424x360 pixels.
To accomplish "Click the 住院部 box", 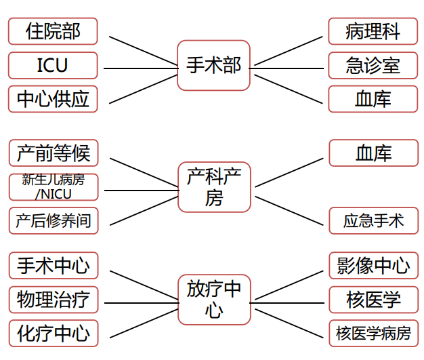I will [53, 31].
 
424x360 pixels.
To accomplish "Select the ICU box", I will [53, 66].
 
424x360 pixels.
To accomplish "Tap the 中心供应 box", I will [53, 99].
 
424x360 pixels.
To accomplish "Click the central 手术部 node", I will [213, 65].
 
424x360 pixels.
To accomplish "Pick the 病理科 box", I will [373, 31].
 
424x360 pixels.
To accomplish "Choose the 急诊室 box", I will [373, 66].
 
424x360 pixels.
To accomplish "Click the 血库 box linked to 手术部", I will [373, 99].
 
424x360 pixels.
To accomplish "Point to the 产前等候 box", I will [53, 153].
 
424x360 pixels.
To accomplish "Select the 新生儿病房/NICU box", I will [53, 186].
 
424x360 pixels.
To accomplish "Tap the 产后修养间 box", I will [53, 220].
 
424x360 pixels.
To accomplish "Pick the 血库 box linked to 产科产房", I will [373, 153].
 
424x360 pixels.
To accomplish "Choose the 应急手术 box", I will [373, 220].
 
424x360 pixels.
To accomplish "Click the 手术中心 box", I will [53, 265].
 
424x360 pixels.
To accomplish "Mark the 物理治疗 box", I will [53, 299].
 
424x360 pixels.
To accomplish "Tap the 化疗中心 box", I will [53, 334].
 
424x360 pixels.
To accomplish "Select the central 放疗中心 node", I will [213, 299].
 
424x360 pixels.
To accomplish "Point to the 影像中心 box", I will [373, 265].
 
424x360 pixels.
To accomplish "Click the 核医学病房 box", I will [373, 334].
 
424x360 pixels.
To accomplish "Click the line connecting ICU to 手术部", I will [139, 68].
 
